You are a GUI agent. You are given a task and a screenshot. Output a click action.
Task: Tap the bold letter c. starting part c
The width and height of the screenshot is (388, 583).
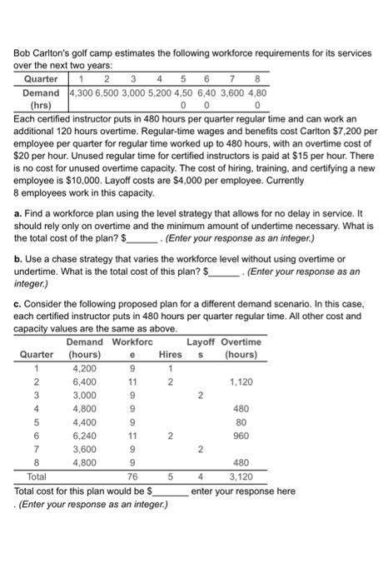click(18, 306)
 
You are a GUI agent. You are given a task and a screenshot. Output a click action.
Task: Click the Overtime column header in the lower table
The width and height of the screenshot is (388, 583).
click(241, 341)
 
